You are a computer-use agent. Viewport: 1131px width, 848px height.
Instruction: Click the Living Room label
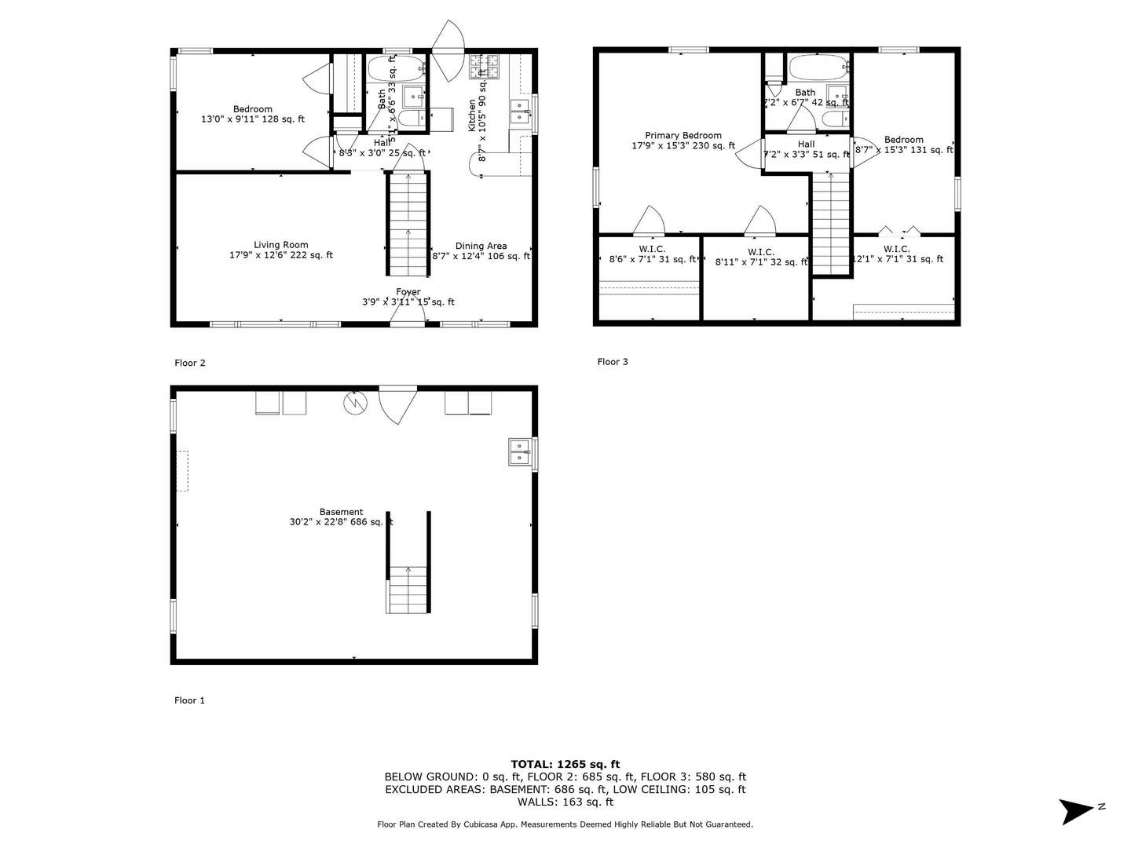[x=280, y=245]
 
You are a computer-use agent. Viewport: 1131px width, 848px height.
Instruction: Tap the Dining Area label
[x=481, y=246]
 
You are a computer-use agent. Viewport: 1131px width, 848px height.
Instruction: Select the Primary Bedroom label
[x=683, y=136]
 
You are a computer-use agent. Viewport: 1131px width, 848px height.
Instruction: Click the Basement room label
[x=341, y=512]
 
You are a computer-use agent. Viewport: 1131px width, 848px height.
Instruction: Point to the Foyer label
[x=408, y=292]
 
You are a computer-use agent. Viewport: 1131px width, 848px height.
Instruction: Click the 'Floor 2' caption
[x=190, y=363]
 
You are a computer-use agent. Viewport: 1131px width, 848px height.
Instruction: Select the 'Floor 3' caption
[x=613, y=362]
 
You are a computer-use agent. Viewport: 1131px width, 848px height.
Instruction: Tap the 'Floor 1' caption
[x=189, y=700]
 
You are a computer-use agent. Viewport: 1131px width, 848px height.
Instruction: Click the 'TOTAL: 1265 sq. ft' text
[x=565, y=764]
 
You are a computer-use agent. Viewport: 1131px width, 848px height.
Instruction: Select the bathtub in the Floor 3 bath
[x=818, y=67]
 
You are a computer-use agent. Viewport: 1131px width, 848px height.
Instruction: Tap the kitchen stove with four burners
[x=484, y=67]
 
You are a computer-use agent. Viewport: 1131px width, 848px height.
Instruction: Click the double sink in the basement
[x=520, y=452]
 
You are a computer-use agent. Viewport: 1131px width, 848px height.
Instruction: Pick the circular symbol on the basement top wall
[x=354, y=403]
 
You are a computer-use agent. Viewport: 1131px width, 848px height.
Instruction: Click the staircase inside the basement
[x=408, y=589]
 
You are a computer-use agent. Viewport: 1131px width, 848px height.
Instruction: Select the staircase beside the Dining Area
[x=408, y=224]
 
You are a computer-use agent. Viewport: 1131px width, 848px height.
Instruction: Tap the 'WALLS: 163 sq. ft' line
[x=565, y=802]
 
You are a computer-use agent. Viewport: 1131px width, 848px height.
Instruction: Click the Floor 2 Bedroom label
[x=252, y=109]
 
